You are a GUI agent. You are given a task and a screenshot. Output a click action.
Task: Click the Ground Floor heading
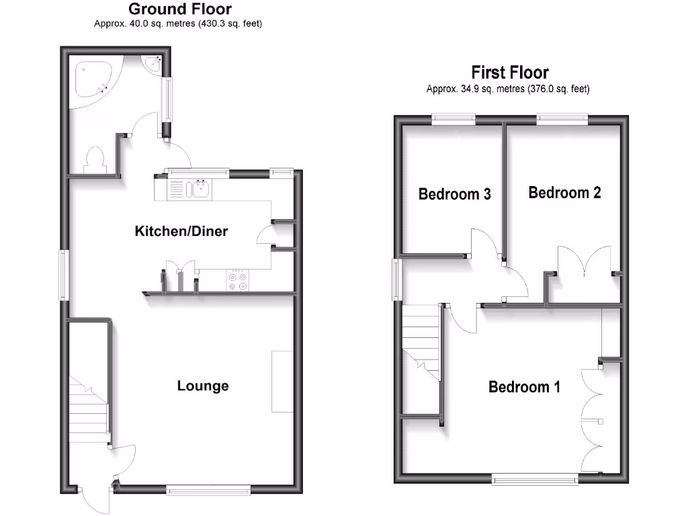[x=179, y=9]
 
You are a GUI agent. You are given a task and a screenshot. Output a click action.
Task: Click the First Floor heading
[x=509, y=73]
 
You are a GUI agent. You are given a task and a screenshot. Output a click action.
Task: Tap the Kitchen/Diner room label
[x=181, y=232]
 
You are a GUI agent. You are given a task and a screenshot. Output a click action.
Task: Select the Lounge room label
[x=203, y=386]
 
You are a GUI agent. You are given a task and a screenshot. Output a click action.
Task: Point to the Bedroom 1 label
[x=524, y=387]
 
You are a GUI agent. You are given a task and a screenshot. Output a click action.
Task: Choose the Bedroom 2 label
[x=564, y=193]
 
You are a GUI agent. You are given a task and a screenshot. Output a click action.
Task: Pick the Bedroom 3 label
[x=454, y=194]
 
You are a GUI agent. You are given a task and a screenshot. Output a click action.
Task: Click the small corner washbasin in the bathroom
[x=154, y=63]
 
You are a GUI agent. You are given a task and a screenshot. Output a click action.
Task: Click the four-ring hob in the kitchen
[x=239, y=280]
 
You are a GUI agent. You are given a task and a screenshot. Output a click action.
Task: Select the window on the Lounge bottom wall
[x=208, y=489]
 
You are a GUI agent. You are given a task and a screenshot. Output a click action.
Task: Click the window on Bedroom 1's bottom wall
[x=535, y=478]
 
